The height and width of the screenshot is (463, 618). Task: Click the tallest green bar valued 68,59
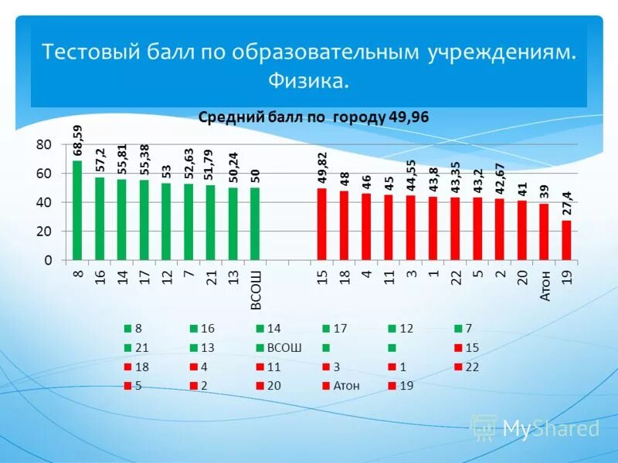(x=77, y=210)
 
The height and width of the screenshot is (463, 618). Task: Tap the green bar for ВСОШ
(x=255, y=224)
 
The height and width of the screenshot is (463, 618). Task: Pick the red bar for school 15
(x=322, y=224)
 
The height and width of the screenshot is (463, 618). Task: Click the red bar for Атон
(x=545, y=231)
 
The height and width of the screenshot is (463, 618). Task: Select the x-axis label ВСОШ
(x=256, y=289)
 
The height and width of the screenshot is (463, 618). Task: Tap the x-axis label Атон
(x=545, y=285)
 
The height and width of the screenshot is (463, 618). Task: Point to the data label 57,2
(x=100, y=160)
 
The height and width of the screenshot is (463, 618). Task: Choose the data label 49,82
(x=322, y=167)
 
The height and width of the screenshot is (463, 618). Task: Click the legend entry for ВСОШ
(x=283, y=348)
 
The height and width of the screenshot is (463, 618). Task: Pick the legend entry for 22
(x=472, y=367)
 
